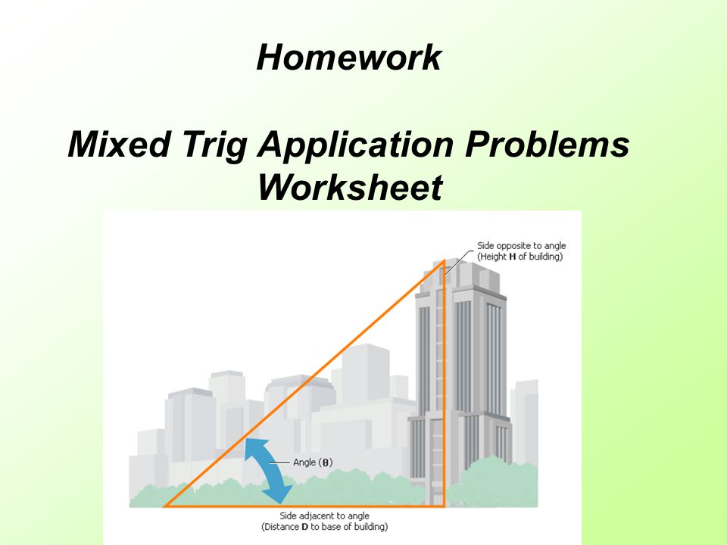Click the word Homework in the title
pyautogui.click(x=348, y=58)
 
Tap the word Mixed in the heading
pyautogui.click(x=120, y=144)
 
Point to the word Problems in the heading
pyautogui.click(x=547, y=144)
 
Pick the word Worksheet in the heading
pyautogui.click(x=350, y=187)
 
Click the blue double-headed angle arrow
pyautogui.click(x=268, y=471)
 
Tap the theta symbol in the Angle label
pyautogui.click(x=326, y=462)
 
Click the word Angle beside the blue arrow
pyautogui.click(x=304, y=463)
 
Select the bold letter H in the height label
pyautogui.click(x=513, y=257)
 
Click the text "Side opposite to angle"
pyautogui.click(x=522, y=246)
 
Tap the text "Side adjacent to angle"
pyautogui.click(x=325, y=515)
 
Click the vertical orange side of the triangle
pyautogui.click(x=444, y=384)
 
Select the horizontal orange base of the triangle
pyautogui.click(x=304, y=506)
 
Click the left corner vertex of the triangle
pyautogui.click(x=164, y=506)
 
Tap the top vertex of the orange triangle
pyautogui.click(x=444, y=262)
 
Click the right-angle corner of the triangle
pyautogui.click(x=444, y=506)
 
